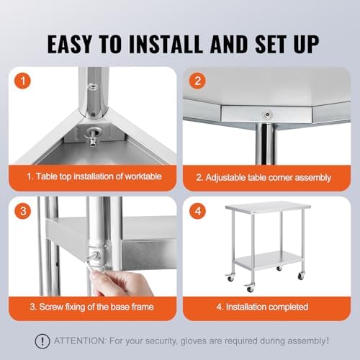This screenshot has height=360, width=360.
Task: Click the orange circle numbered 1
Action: click(23, 81)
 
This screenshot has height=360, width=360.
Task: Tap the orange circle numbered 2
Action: click(197, 81)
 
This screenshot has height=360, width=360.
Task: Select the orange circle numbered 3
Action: click(23, 211)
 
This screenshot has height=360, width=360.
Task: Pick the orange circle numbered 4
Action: click(197, 211)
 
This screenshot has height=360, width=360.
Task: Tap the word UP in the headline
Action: click(306, 44)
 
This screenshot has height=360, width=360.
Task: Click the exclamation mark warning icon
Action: click(42, 341)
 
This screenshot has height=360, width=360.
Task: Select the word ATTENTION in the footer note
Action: click(79, 341)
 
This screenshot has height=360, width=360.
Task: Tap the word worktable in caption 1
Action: click(143, 176)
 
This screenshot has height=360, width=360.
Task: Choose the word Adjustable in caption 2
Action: click(225, 178)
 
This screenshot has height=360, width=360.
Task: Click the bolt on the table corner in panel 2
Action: click(267, 114)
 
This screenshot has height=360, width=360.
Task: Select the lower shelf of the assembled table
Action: click(269, 260)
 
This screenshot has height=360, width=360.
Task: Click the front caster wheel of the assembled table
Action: click(250, 289)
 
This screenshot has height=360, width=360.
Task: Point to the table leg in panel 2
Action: click(266, 145)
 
